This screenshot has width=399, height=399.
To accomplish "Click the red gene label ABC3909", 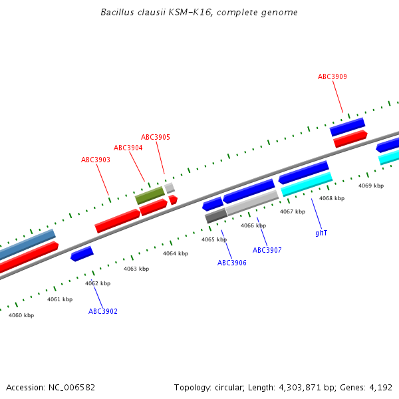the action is click(332, 76).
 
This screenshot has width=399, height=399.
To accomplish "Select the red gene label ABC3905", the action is click(155, 137).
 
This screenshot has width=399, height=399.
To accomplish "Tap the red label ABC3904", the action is click(128, 148).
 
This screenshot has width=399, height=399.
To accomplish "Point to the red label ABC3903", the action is click(96, 160).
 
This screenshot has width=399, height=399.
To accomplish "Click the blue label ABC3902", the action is click(103, 311).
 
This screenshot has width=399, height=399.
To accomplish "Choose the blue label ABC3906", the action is click(232, 263).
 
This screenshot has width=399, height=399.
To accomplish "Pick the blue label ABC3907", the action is click(267, 250).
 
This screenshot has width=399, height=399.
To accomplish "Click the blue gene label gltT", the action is click(321, 233).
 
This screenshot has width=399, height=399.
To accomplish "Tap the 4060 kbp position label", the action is click(21, 315).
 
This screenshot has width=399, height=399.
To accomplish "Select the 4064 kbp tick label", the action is click(176, 253).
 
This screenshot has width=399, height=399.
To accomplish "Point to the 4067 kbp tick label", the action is click(293, 211).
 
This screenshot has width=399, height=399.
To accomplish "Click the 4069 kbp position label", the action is click(371, 186).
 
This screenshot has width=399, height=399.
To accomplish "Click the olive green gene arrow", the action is click(150, 196).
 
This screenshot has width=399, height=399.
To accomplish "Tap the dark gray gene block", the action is click(215, 215).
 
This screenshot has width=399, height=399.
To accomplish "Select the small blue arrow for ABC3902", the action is click(82, 253).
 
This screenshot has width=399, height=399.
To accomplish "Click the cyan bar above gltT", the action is click(307, 184).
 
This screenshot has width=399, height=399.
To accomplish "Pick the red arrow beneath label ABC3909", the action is click(350, 138).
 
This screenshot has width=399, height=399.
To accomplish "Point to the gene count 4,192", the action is click(380, 387).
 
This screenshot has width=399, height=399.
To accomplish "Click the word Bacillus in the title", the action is click(114, 13).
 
